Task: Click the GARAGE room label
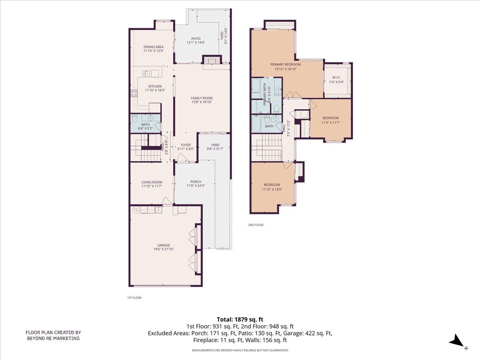[x=163, y=245]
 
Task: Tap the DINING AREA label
[x=154, y=47]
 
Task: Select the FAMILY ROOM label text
[x=201, y=98]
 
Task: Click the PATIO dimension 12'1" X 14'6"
[x=196, y=43]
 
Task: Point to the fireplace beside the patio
[x=211, y=60]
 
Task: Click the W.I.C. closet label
[x=336, y=78]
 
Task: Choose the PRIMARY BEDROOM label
[x=285, y=64]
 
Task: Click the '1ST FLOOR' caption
[x=134, y=298]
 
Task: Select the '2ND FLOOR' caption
[x=256, y=225]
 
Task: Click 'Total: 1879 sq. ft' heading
[x=240, y=319]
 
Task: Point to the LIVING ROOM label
[x=152, y=182]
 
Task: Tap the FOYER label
[x=186, y=145]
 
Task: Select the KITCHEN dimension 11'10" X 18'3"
[x=155, y=90]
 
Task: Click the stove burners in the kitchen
[x=134, y=93]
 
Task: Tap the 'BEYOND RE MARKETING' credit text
[x=53, y=338]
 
